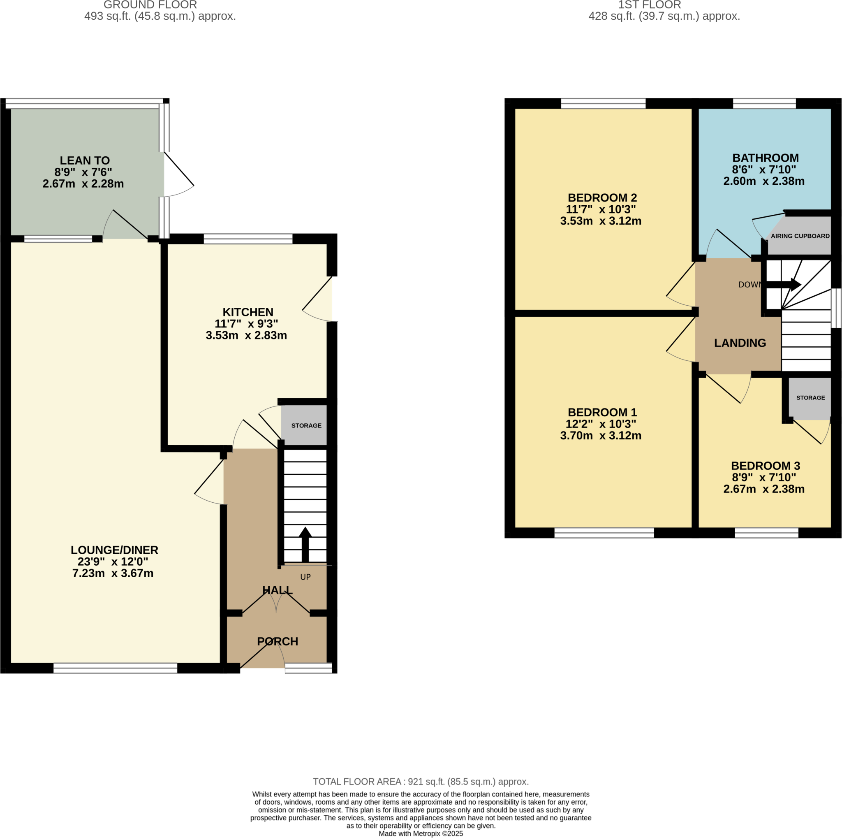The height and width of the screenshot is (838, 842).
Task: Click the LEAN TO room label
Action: coord(85,160)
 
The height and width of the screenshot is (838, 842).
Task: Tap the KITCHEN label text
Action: coord(248,312)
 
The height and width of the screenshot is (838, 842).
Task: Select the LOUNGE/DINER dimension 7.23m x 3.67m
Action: coord(113,573)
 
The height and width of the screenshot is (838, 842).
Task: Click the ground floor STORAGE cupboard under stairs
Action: coord(306,425)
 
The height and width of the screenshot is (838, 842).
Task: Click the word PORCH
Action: coord(278,641)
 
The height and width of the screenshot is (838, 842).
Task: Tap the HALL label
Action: coord(278,590)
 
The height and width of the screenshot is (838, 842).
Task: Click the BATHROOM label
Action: coord(765,158)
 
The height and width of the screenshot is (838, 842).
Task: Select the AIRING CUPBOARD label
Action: coord(800,236)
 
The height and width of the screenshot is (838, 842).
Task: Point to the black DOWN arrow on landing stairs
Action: coord(784,285)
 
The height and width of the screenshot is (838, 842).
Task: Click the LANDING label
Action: coord(740,343)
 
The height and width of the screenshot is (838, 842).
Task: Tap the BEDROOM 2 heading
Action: coord(602,197)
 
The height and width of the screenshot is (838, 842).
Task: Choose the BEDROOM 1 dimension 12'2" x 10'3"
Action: coord(601,424)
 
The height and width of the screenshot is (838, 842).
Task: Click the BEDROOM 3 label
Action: coord(765,466)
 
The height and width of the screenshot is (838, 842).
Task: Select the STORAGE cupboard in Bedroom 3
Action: coord(810,398)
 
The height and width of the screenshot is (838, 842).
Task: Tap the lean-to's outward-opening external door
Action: coord(179,174)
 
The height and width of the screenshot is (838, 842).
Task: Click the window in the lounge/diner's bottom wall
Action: coord(116,668)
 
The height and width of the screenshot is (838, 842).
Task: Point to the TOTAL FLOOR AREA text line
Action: coord(421,781)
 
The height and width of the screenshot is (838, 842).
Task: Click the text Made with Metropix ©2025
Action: coord(421,833)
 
